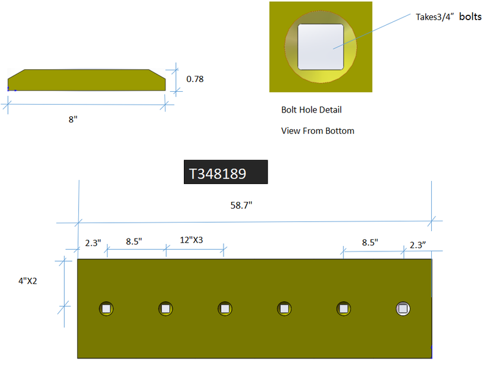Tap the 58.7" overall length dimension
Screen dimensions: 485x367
point(241,205)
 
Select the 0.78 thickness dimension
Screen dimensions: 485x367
point(195,79)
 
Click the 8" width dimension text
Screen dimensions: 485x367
point(73,119)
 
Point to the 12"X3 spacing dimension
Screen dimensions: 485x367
point(191,240)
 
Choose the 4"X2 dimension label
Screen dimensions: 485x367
point(27,281)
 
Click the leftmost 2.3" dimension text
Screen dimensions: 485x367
point(93,243)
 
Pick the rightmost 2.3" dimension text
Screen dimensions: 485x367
point(418,245)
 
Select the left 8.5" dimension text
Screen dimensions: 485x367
point(134,241)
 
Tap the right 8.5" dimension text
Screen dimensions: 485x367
point(370,242)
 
